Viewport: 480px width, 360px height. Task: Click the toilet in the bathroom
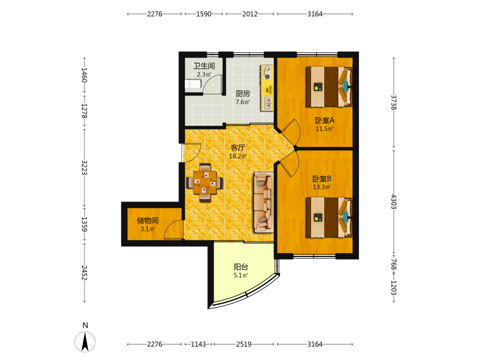point(193,84)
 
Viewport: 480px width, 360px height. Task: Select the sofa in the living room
point(264,202)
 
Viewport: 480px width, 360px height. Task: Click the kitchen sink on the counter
point(267,103)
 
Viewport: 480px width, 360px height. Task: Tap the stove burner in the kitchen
point(267,77)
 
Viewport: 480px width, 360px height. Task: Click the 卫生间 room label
point(204,66)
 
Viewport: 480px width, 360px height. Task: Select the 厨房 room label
point(243,94)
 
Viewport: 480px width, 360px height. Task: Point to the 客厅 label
point(238,147)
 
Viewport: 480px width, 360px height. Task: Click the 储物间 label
point(147,220)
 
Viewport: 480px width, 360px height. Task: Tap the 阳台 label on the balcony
point(240,266)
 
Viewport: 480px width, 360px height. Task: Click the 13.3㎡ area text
point(322,187)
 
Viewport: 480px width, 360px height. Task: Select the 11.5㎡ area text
point(324,129)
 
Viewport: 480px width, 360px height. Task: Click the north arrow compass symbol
point(85,341)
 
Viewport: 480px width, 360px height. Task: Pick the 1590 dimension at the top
point(204,14)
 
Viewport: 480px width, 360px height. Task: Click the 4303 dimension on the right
point(394,202)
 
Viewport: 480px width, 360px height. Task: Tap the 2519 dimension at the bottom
point(244,344)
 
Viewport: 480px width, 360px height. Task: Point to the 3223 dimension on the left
point(84,168)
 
